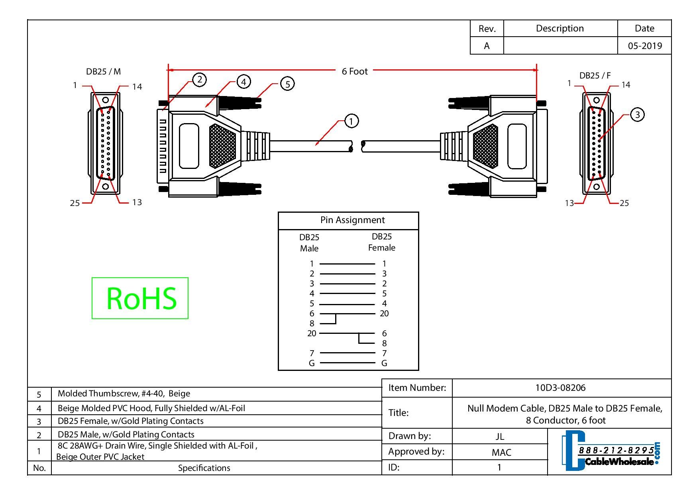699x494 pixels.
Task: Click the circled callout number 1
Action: coord(351,121)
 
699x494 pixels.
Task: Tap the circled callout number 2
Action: coord(199,80)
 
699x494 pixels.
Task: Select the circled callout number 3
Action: coord(637,115)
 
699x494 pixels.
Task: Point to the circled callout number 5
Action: coord(287,84)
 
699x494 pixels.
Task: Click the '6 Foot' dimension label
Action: coord(355,71)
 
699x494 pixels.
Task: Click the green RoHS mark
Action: coord(140,298)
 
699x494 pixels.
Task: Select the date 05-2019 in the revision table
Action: coord(644,46)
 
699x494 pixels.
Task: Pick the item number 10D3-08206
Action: coord(560,388)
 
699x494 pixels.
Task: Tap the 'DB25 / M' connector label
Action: coord(103,72)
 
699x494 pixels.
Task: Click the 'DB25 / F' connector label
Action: coord(595,75)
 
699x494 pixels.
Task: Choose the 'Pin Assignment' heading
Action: coord(352,220)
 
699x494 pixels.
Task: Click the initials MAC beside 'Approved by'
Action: coord(501,452)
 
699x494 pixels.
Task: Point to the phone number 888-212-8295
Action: coord(616,450)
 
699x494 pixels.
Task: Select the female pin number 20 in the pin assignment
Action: coord(384,314)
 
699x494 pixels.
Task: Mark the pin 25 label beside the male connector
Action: coord(75,203)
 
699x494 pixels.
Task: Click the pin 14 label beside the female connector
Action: coord(626,85)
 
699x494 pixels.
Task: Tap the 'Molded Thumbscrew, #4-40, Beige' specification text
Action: coord(124,394)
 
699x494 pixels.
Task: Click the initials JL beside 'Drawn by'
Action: coord(500,436)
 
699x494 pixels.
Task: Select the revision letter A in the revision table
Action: coord(487,46)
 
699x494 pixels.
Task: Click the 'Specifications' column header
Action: coord(204,468)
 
